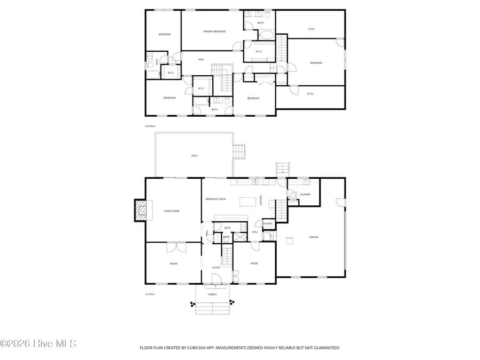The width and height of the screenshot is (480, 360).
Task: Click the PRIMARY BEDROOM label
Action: (x=212, y=31)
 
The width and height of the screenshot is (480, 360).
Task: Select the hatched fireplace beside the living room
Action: (x=140, y=211)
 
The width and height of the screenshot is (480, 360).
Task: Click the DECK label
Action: (x=195, y=156)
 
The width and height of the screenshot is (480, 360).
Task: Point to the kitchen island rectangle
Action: (x=247, y=202)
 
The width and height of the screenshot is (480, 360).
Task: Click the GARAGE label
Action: (x=314, y=237)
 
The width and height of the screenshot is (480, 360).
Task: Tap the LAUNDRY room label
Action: (x=306, y=195)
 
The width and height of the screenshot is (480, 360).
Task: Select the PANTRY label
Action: (x=268, y=223)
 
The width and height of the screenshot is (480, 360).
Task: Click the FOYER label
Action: (x=216, y=267)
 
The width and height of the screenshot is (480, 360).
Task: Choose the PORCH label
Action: (x=213, y=294)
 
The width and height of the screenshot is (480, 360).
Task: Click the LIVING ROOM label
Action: (x=171, y=211)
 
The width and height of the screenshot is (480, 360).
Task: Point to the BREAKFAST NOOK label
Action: (x=215, y=199)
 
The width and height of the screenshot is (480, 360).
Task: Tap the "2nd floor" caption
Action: (x=150, y=126)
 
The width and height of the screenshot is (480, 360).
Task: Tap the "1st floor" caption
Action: (x=150, y=294)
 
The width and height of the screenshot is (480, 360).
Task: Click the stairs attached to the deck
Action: (x=239, y=151)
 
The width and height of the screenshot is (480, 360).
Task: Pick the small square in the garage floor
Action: (x=290, y=241)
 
